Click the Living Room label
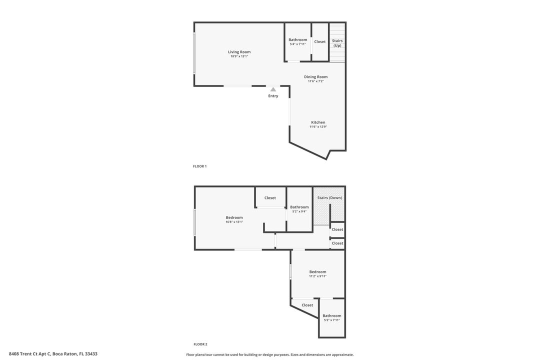(239, 52)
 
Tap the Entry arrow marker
(273, 89)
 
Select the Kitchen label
(318, 122)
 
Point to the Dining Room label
(316, 77)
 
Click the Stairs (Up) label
(337, 43)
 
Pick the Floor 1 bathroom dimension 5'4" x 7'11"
(297, 44)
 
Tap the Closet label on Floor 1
(320, 42)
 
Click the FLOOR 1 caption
(199, 166)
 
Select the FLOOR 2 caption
(200, 344)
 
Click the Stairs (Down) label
(329, 197)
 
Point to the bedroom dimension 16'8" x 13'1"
(234, 221)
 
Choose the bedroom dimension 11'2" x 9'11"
(317, 276)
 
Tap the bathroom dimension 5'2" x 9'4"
(299, 211)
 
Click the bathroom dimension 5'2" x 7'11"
(331, 320)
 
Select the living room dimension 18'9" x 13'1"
(239, 56)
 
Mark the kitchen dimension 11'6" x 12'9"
(318, 127)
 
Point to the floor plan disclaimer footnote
(269, 354)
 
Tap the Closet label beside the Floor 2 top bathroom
(270, 198)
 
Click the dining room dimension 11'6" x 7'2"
(316, 81)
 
